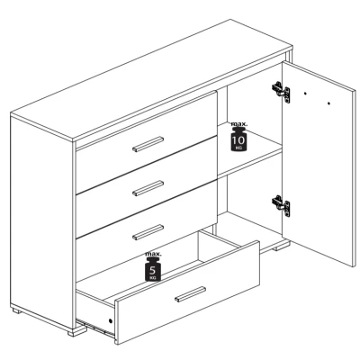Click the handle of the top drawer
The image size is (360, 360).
tap(148, 144)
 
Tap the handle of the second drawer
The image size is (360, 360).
tap(148, 188)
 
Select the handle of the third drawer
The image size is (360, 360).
tap(148, 232)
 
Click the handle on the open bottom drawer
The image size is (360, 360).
tap(191, 294)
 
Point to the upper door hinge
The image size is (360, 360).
tap(281, 92)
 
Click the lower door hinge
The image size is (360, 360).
tap(281, 206)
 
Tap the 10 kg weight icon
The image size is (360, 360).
tap(238, 139)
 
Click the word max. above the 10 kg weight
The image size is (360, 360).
tap(239, 123)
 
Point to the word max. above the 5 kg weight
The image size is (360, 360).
tap(153, 254)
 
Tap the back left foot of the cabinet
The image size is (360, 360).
tap(17, 310)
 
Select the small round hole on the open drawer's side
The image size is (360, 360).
tap(111, 320)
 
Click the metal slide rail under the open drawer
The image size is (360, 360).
tap(95, 328)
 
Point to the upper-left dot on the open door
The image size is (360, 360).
tap(305, 94)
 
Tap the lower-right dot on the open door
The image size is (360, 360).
tap(328, 103)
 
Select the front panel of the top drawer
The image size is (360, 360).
tap(146, 143)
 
